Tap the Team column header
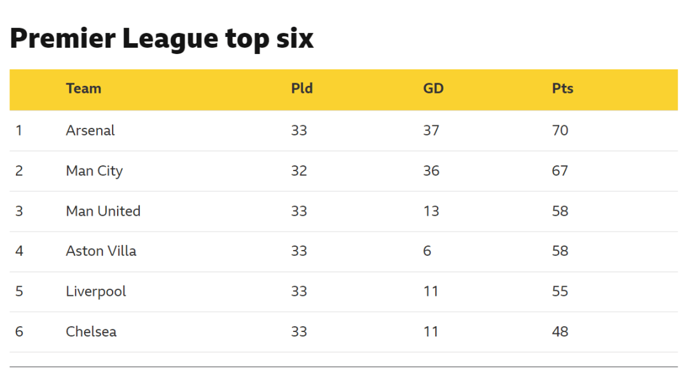click(83, 88)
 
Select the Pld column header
click(302, 88)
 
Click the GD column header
click(433, 88)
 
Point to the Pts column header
click(562, 88)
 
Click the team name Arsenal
click(90, 130)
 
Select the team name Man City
click(94, 170)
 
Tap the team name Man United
click(103, 211)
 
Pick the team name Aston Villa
click(101, 251)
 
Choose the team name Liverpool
click(96, 291)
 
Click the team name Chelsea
click(91, 331)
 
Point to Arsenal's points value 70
click(560, 130)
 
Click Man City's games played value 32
click(299, 170)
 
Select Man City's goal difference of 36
click(431, 170)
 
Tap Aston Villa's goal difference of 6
click(427, 251)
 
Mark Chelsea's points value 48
click(560, 331)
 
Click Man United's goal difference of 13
click(431, 211)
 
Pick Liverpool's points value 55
click(560, 291)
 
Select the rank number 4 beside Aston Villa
click(19, 251)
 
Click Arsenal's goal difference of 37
click(431, 130)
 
